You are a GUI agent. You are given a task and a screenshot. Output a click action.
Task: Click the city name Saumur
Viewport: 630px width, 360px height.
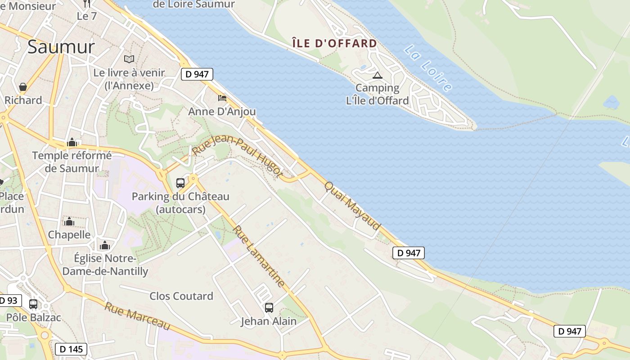pos(61,47)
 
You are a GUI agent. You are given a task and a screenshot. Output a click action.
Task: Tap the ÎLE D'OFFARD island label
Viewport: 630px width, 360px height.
pos(334,44)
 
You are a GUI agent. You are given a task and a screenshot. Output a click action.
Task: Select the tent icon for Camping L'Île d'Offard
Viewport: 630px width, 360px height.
pos(377,75)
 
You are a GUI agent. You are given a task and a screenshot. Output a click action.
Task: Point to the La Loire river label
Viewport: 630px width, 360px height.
pos(427,68)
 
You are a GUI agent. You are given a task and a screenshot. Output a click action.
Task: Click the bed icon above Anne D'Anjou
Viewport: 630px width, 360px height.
pos(222,98)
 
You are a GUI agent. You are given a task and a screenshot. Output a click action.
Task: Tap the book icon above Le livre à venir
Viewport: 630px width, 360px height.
pos(129,59)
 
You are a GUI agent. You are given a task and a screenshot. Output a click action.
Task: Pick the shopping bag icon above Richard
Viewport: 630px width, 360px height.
pos(23,87)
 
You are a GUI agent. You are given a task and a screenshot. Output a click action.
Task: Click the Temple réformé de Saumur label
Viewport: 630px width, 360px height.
pos(72,162)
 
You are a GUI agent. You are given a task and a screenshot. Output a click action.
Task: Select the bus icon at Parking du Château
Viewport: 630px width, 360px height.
pos(180,183)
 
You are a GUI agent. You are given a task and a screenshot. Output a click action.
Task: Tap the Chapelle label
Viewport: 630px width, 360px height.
pos(69,234)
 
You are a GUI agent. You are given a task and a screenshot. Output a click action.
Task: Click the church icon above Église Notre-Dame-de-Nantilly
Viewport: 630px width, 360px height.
pos(105,245)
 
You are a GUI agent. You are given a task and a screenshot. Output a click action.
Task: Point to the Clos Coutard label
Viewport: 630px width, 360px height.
pos(181,296)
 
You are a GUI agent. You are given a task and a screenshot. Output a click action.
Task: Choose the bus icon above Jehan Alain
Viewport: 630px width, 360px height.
pos(269,308)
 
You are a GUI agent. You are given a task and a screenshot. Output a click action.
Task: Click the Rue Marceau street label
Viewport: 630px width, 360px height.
pos(138,316)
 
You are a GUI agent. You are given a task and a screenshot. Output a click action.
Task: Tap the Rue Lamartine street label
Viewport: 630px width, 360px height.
pos(259,256)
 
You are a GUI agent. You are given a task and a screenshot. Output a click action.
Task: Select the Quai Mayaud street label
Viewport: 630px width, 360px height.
pos(353,206)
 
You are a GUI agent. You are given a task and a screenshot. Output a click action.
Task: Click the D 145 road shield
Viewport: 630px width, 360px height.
pos(71,349)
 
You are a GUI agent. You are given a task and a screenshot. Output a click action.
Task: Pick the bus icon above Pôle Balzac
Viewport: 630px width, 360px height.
pos(33,304)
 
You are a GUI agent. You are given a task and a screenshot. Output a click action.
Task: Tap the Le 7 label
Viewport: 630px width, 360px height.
pos(87,16)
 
